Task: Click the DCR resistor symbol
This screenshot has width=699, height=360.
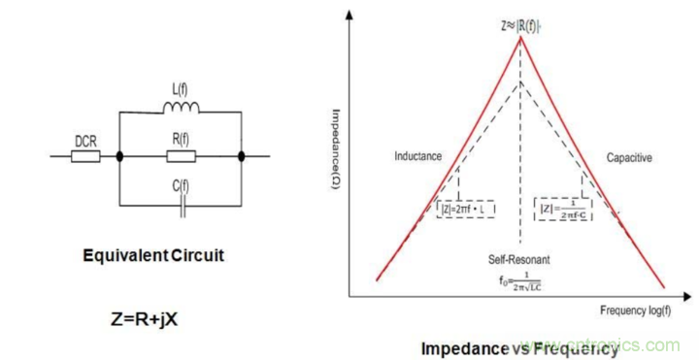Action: pyautogui.click(x=84, y=155)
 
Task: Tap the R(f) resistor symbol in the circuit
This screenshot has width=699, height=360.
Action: pyautogui.click(x=180, y=155)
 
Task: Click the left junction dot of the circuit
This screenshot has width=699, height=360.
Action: pyautogui.click(x=120, y=155)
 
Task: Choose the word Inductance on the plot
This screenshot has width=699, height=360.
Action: pyautogui.click(x=419, y=156)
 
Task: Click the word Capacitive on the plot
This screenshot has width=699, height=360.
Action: pyautogui.click(x=629, y=156)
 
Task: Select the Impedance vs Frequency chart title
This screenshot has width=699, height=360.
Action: pyautogui.click(x=519, y=345)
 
